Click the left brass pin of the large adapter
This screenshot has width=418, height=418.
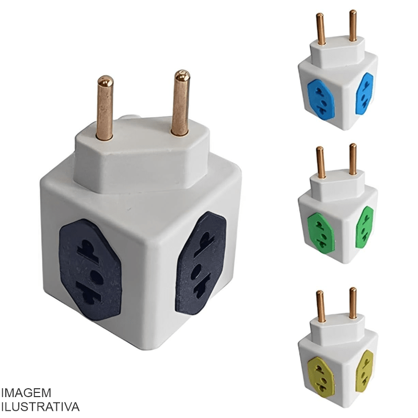point(105,108)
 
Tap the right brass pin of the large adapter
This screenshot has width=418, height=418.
point(181,103)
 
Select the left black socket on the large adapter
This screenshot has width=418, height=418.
point(90,270)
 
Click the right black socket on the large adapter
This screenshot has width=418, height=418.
point(201,263)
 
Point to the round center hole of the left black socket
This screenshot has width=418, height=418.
point(96,277)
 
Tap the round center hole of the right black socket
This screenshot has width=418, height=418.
point(196,272)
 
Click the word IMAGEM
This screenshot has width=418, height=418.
point(26,393)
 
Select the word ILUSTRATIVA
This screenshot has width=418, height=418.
point(40,407)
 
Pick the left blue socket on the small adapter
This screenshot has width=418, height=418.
point(321,99)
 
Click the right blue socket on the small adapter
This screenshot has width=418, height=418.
point(364,94)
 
